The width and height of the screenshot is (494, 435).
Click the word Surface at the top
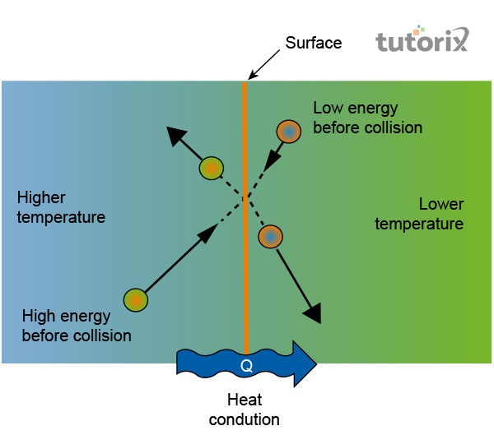coord(313,43)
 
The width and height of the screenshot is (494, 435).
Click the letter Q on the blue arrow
coord(246,363)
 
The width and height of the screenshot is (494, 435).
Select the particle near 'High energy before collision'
coord(135,300)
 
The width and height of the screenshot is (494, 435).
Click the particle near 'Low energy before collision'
coord(289,131)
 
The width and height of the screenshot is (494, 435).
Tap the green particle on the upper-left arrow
coord(211,169)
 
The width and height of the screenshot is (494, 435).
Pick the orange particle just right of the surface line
coord(270,237)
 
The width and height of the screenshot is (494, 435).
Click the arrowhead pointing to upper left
coord(174,135)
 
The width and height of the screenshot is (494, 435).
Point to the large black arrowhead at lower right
coord(312,313)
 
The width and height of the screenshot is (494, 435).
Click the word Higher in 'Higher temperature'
coord(40,198)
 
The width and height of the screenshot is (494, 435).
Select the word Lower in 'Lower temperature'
coord(441,204)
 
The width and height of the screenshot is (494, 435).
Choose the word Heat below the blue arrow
coord(244,400)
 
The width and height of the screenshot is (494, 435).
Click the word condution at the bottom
coord(244,419)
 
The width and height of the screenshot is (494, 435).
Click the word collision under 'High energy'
coord(103,335)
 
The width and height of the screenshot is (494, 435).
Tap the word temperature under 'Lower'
coord(419,224)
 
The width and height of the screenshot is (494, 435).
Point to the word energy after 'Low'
coord(371,109)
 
